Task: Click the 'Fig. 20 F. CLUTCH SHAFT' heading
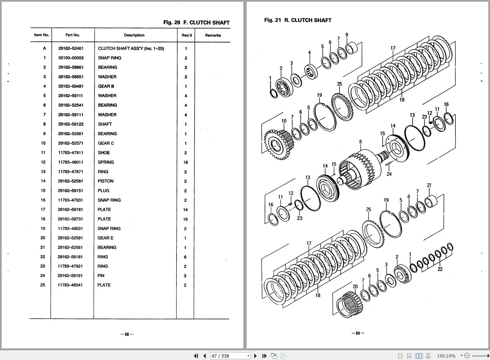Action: point(196,22)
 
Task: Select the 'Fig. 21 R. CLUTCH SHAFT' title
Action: point(298,20)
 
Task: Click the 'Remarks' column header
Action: point(213,35)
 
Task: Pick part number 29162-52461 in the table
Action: point(71,48)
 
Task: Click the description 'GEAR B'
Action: point(106,86)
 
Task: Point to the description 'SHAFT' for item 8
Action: point(105,124)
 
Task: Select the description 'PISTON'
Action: point(106,181)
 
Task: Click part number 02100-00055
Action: point(71,58)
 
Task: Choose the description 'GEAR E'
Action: point(106,238)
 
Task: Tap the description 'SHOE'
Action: point(104,153)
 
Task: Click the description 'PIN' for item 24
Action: point(101,276)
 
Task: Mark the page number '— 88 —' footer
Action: point(127,334)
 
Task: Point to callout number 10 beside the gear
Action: point(284,121)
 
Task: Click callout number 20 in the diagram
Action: point(355,287)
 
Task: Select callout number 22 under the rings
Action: point(440,269)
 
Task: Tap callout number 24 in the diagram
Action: point(389,174)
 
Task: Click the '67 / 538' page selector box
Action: point(230,356)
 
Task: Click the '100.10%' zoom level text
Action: point(446,356)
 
